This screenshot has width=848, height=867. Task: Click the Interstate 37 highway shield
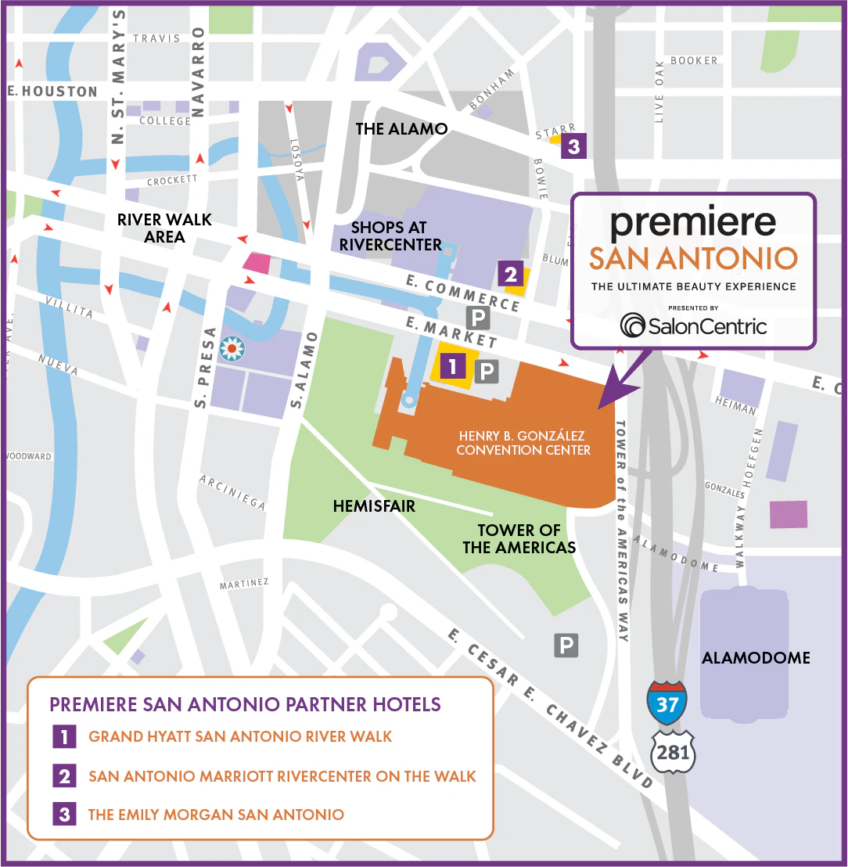667,702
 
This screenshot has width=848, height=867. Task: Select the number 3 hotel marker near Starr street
573,146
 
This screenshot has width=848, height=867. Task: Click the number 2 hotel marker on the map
510,274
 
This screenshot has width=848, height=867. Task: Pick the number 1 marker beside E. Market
453,365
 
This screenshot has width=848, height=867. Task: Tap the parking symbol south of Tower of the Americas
566,646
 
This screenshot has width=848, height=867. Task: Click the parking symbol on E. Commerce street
477,317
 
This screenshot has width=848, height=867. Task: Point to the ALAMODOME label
755,658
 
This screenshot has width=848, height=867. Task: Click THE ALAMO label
401,129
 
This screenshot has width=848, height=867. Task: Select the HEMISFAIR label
374,506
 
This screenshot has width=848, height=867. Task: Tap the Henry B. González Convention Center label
523,443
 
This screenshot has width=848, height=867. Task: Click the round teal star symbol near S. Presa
232,348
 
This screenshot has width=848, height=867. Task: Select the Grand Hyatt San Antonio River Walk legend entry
240,736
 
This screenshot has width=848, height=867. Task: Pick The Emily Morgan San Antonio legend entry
216,815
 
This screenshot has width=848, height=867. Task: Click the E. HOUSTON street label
52,92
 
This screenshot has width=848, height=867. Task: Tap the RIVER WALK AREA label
164,228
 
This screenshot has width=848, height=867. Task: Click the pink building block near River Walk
257,262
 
